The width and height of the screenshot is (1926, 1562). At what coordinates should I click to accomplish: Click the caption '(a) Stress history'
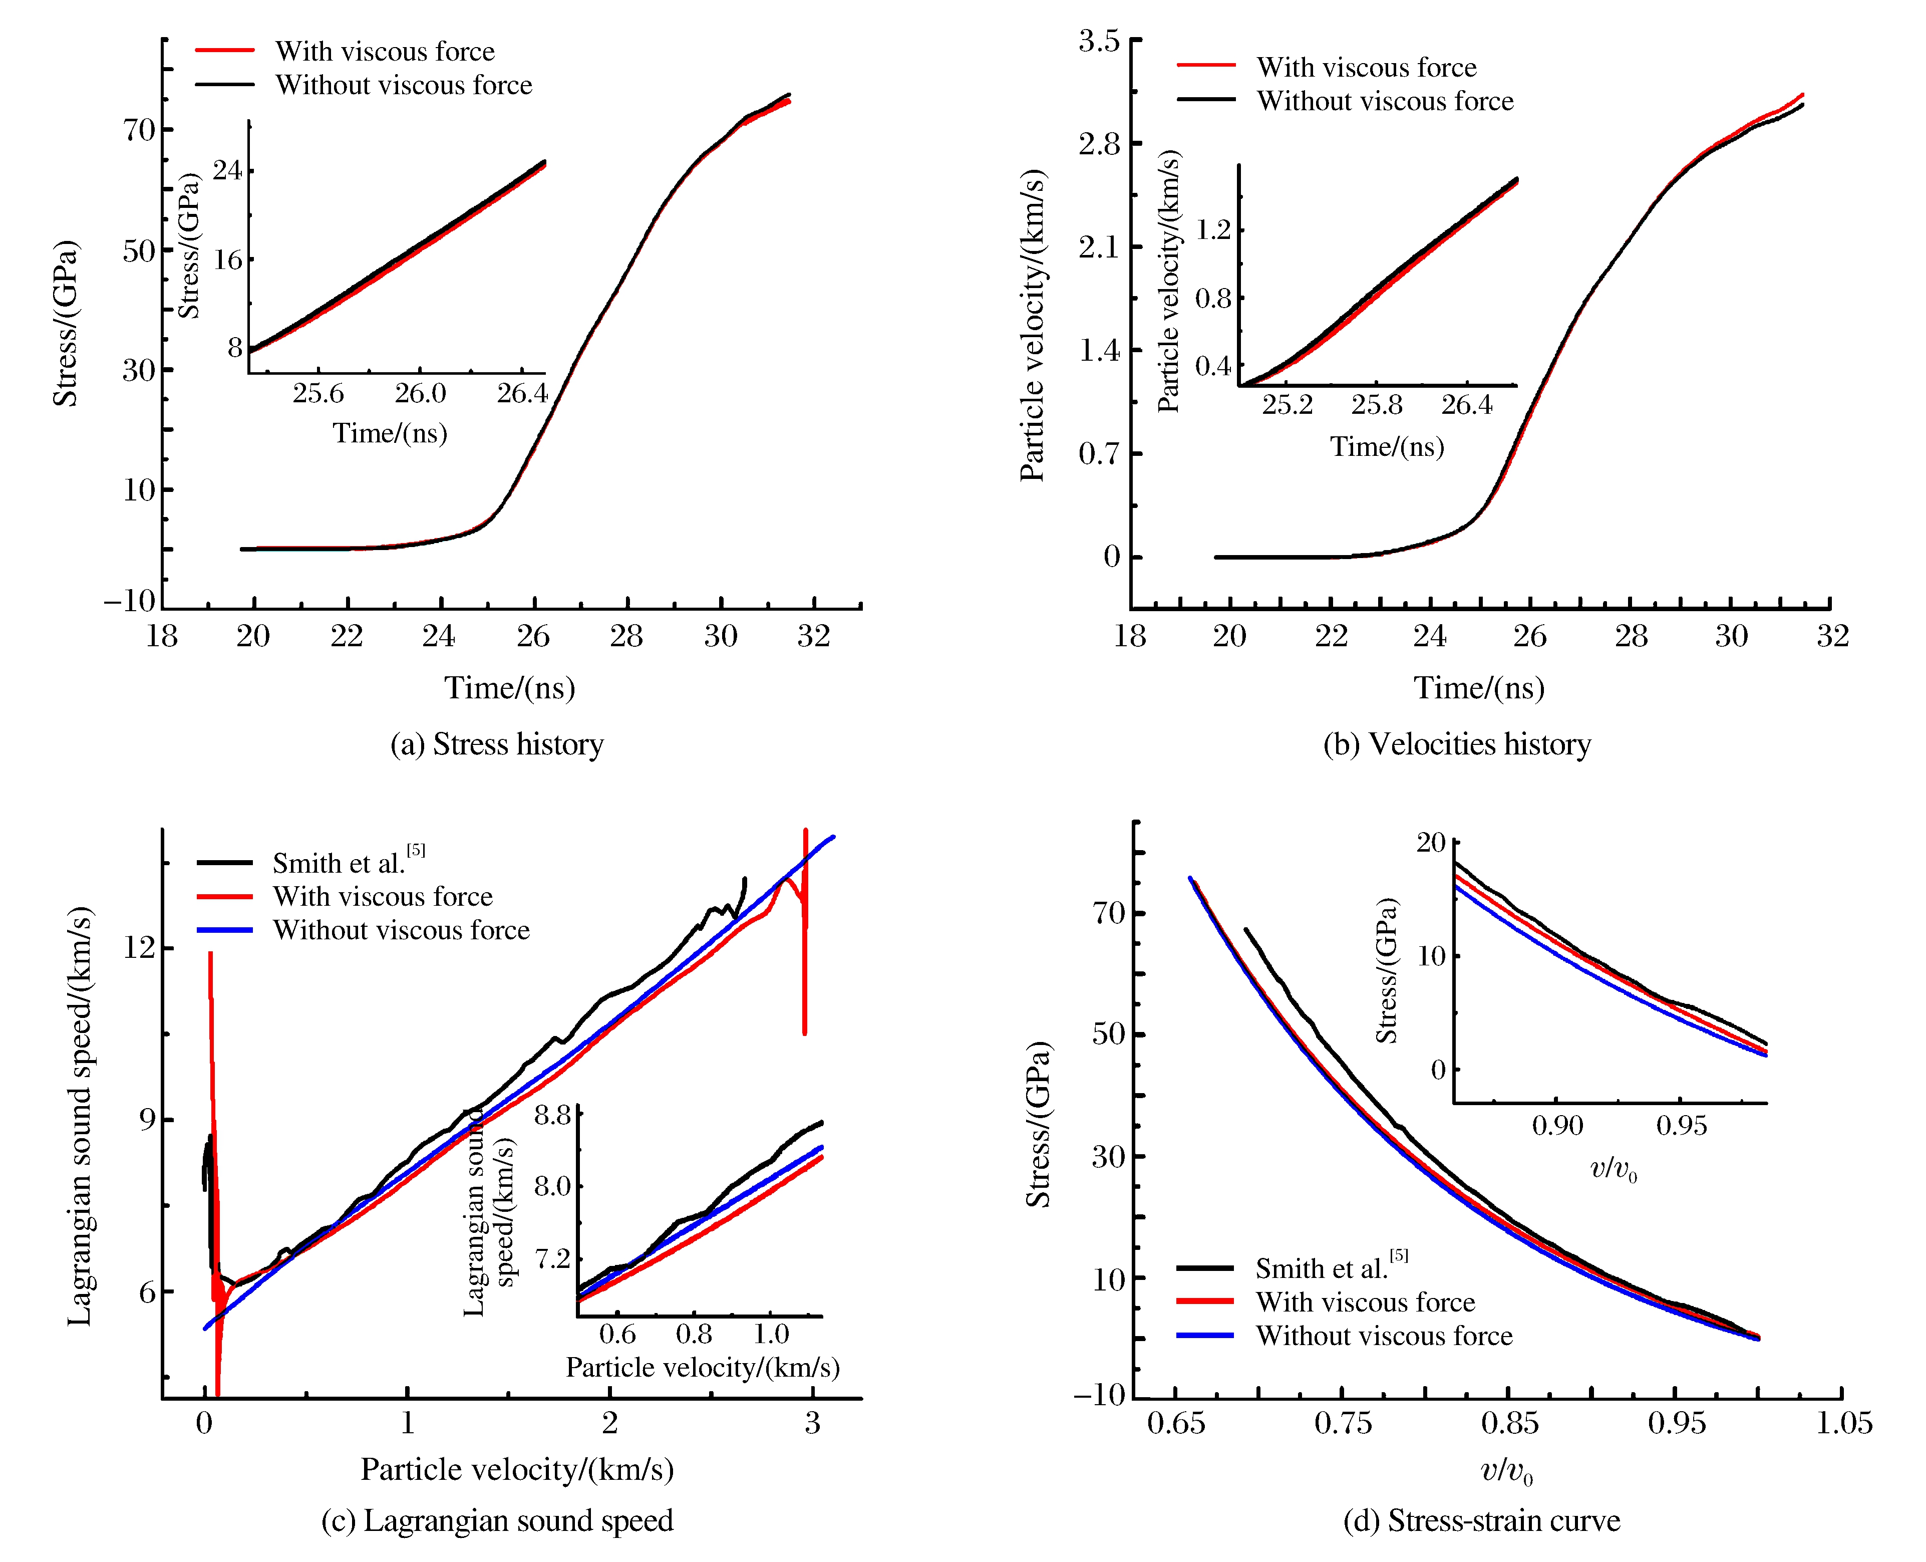click(497, 745)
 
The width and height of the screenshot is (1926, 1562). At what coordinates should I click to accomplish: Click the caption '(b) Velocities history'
click(1456, 745)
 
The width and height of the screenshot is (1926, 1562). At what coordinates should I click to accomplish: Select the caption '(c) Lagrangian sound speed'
click(497, 1520)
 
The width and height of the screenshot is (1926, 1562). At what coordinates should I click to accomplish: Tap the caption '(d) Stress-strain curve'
click(1481, 1520)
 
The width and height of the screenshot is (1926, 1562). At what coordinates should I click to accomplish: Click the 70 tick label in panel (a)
click(139, 130)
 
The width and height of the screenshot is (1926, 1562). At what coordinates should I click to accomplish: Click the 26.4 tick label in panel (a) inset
click(522, 393)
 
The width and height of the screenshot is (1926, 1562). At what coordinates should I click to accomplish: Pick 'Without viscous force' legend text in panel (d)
click(1384, 1335)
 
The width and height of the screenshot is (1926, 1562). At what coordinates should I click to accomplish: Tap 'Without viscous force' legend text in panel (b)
click(1385, 101)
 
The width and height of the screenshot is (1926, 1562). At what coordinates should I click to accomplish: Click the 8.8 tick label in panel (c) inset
click(552, 1116)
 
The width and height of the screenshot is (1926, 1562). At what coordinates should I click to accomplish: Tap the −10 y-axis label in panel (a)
click(130, 601)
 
